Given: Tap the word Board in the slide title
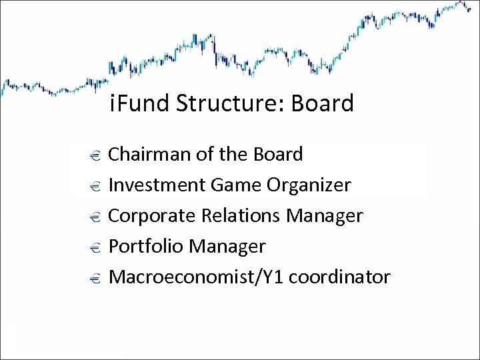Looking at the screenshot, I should click(x=323, y=104).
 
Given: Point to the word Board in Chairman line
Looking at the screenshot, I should click(x=278, y=155).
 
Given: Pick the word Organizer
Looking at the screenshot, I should click(x=309, y=185).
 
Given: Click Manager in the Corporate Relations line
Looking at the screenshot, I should click(x=325, y=216).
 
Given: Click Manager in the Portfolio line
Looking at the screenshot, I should click(x=227, y=247).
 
